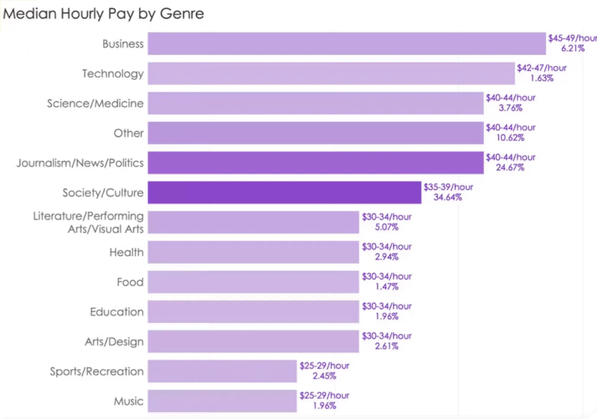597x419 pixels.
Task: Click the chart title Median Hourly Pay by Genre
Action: click(103, 14)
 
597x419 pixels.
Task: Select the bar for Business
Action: click(347, 44)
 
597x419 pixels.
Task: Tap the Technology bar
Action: click(331, 74)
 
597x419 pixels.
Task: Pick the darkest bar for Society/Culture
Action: click(284, 193)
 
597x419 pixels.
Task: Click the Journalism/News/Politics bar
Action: click(316, 163)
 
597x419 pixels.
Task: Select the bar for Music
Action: click(222, 401)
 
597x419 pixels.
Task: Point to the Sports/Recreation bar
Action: click(222, 371)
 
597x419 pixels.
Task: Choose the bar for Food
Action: click(253, 282)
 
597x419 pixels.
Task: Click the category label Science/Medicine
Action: click(95, 103)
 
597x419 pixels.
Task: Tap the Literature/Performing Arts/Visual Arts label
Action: click(88, 223)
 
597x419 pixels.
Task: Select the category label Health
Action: click(126, 252)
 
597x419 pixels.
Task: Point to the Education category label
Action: click(117, 312)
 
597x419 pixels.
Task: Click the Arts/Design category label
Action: click(114, 342)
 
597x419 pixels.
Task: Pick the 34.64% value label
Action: click(448, 198)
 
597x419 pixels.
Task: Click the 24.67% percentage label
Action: click(510, 168)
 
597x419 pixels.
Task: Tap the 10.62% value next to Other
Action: click(510, 138)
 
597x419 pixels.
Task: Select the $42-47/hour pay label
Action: click(541, 68)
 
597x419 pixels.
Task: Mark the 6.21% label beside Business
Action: click(573, 49)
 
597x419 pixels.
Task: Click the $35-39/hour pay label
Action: click(448, 187)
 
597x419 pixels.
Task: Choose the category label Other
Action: click(129, 133)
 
